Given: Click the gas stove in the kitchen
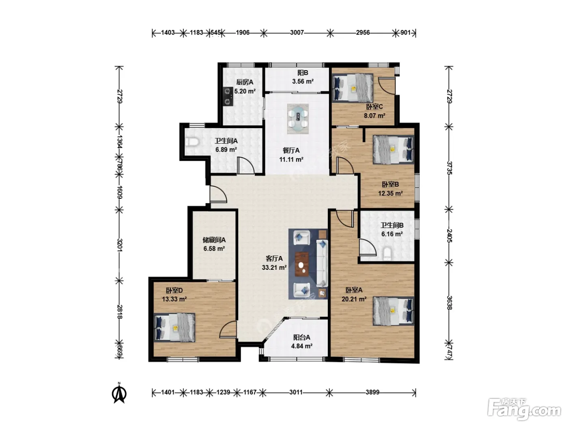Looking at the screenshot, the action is point(47,96).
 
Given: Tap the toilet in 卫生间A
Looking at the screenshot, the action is point(192,142).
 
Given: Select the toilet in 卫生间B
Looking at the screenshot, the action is point(387,254).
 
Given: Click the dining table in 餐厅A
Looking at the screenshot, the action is point(298,119).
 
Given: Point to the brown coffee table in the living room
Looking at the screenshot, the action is point(302,264).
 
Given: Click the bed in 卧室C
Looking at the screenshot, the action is point(353,88).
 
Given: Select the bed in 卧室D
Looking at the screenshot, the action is point(174,327).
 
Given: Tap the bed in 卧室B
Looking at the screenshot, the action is point(393,150).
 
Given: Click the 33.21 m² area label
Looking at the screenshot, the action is point(274,267).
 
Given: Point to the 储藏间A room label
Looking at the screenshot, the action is point(214,240).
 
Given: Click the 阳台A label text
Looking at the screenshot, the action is point(301,337).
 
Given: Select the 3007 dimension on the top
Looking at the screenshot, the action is point(297,32).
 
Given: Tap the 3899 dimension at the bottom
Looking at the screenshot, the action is point(372,392).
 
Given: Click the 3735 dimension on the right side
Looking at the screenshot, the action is point(449,168).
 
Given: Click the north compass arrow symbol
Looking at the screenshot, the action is point(119,394).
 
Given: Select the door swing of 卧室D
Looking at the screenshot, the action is point(228,329).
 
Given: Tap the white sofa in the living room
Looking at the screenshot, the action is point(322,263).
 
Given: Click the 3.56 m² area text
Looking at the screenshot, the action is point(303,82).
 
